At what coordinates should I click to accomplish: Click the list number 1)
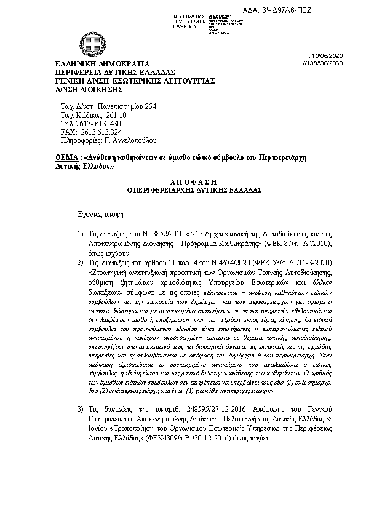(x=80, y=234)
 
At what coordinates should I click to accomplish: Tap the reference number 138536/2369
(x=335, y=63)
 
